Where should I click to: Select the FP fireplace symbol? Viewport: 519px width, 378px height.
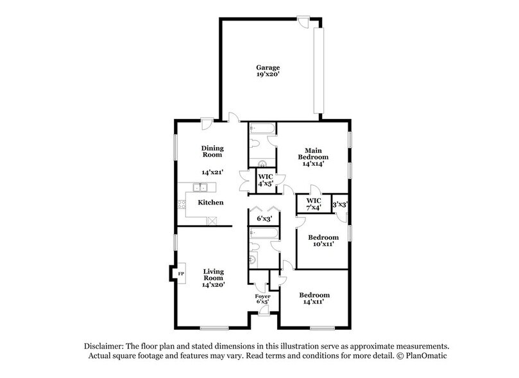[x=181, y=273]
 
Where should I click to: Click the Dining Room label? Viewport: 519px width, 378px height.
[x=212, y=151]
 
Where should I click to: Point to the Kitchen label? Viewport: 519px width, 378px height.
[x=210, y=203]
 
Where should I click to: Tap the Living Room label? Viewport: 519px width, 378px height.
[x=213, y=274]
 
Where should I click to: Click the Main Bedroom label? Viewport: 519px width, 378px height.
[x=313, y=154]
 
